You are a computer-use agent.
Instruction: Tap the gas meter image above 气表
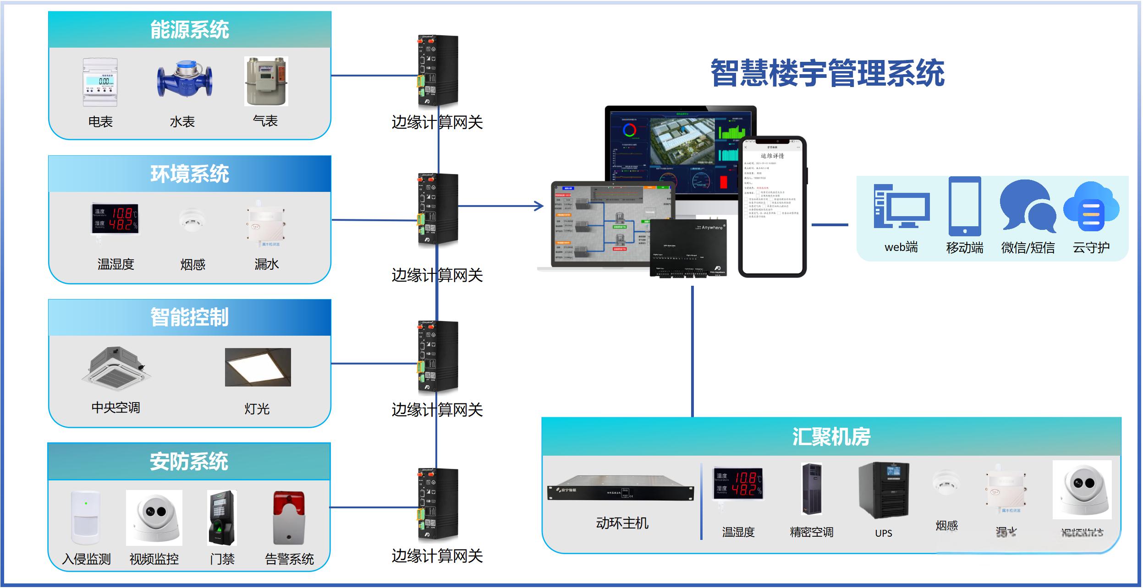tap(266, 81)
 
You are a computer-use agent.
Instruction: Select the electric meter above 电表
tap(100, 82)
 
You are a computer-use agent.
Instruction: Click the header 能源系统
tap(190, 30)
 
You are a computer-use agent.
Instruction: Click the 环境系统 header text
tap(190, 174)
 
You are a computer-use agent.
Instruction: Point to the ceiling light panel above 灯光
tap(258, 367)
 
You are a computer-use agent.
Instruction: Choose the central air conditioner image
tap(116, 369)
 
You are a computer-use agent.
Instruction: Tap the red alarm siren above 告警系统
tap(289, 518)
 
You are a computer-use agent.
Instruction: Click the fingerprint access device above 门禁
tap(222, 518)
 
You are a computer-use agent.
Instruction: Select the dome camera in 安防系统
tap(154, 518)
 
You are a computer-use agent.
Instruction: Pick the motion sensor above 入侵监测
tap(86, 518)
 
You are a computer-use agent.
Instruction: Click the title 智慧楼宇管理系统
tap(827, 73)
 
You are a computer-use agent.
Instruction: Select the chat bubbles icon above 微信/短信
tap(1028, 206)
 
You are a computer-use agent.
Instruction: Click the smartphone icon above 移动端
tap(965, 206)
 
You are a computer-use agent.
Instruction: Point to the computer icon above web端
tap(901, 206)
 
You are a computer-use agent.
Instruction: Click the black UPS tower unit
tap(883, 490)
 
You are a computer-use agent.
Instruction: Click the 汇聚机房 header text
tap(831, 436)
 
